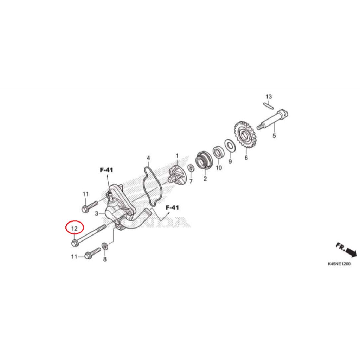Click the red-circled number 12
(x=75, y=229)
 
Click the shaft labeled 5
(x=274, y=120)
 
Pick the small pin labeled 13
(x=269, y=104)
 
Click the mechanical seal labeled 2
(x=204, y=162)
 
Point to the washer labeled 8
(x=105, y=245)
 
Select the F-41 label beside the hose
(x=172, y=207)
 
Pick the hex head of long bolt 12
(x=75, y=243)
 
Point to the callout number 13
(x=269, y=96)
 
